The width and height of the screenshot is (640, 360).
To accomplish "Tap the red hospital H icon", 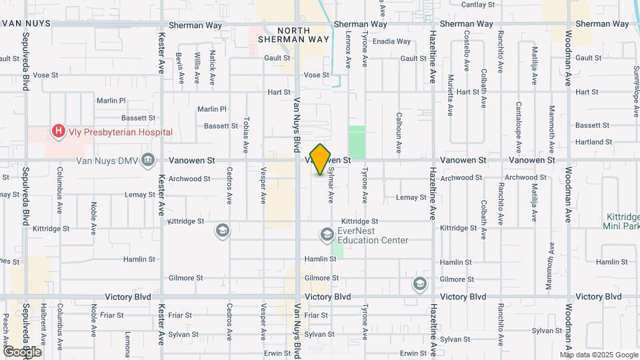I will (59, 131).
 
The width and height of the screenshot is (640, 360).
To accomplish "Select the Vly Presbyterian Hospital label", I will (120, 132).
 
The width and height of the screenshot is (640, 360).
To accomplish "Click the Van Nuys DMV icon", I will (149, 160).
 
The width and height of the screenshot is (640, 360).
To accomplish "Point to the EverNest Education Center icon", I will (327, 234).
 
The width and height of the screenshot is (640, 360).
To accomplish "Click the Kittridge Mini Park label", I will (623, 221).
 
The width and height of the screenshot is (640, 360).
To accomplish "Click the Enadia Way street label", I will (391, 41).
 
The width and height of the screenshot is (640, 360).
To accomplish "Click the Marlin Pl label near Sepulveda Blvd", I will (111, 101).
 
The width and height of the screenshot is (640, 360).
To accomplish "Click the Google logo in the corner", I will (22, 351).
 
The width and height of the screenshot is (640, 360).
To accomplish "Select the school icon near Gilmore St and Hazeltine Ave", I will (420, 284).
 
